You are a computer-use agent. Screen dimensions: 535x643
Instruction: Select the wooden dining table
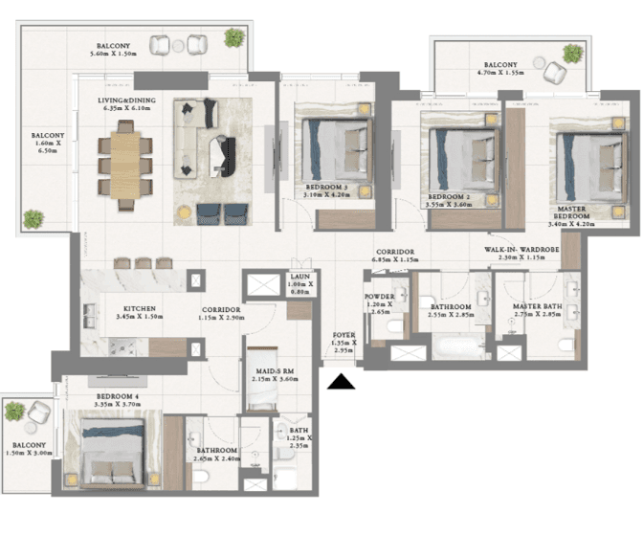[125, 165]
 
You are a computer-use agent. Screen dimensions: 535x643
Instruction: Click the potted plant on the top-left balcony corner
[233, 37]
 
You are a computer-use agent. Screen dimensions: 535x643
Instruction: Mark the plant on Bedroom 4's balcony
[15, 412]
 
